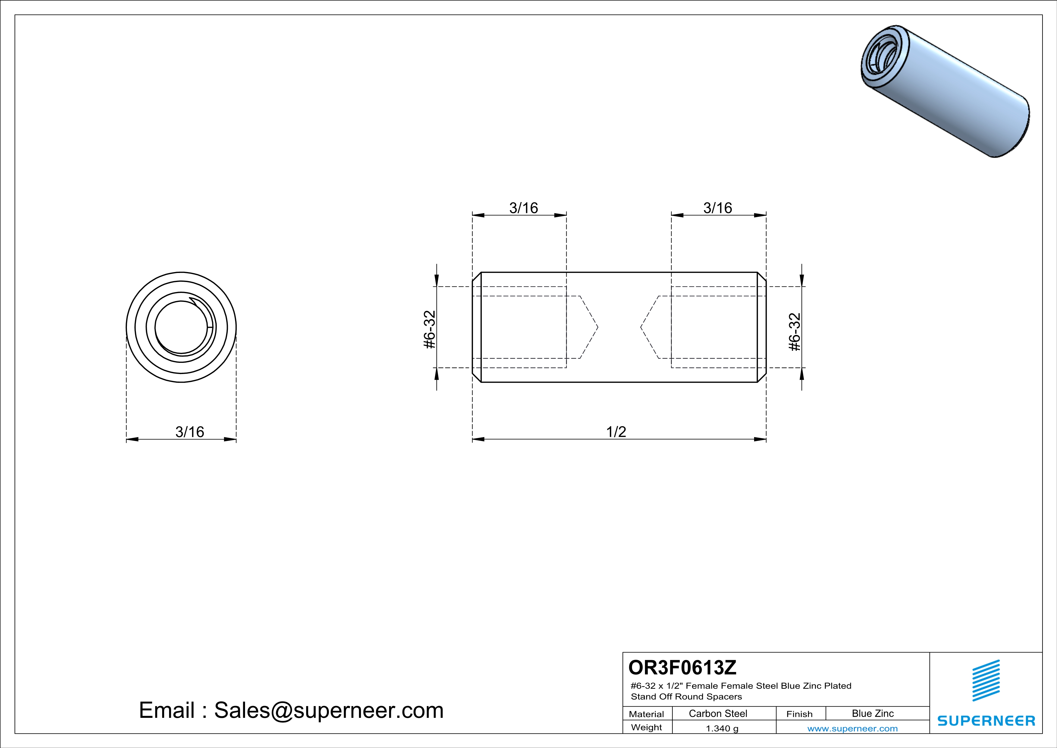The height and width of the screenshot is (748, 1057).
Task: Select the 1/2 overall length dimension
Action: click(x=616, y=432)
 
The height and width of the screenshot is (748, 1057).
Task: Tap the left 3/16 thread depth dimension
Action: click(x=524, y=208)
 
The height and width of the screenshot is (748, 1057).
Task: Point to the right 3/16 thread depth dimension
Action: click(x=718, y=208)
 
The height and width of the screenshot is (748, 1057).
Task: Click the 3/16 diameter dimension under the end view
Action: click(x=190, y=432)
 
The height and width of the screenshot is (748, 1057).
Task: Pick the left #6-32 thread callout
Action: click(x=429, y=330)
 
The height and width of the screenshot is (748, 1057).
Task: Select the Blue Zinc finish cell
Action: click(x=873, y=713)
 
